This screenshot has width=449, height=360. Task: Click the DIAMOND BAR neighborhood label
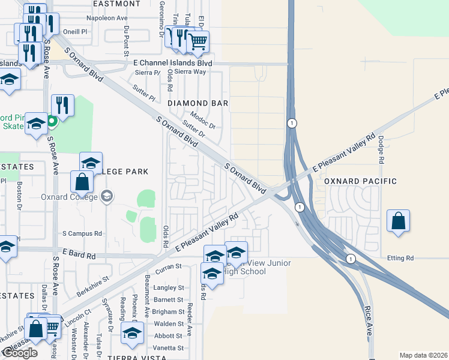point(197,103)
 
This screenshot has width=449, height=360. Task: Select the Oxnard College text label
point(69,196)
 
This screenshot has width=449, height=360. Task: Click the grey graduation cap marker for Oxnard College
point(107,196)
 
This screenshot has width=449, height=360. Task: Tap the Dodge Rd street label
point(381,148)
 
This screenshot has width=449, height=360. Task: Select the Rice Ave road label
point(368,321)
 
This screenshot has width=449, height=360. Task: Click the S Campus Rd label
point(83,233)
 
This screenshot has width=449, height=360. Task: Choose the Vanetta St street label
point(169,348)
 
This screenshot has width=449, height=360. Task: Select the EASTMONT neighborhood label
point(118,4)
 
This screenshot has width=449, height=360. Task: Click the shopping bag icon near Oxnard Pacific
point(399,221)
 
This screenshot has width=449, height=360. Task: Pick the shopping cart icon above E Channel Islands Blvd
point(198,41)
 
